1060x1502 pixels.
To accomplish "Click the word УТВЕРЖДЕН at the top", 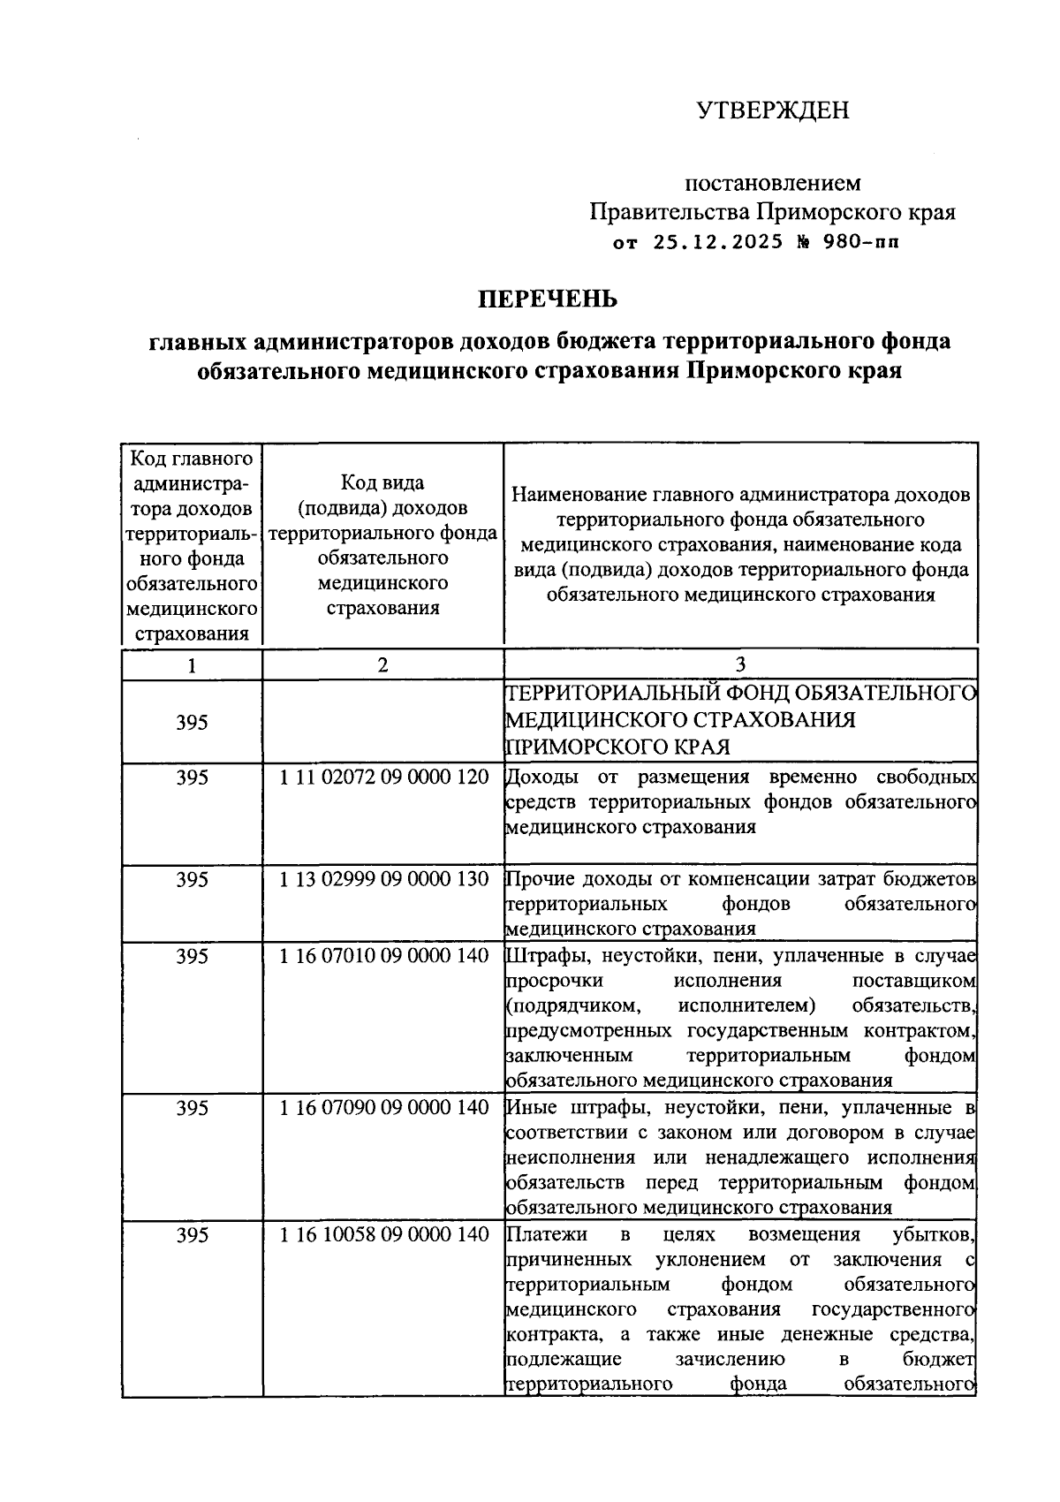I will [x=772, y=110].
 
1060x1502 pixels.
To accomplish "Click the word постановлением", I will [x=773, y=183].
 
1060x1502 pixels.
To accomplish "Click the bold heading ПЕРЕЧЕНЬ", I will [x=548, y=299].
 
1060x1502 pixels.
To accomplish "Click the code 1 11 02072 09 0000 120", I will [x=383, y=778].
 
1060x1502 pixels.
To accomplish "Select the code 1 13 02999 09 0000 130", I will [x=383, y=880].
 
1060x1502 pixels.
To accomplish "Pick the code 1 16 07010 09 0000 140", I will [x=383, y=956].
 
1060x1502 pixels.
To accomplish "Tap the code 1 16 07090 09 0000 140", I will [x=383, y=1108].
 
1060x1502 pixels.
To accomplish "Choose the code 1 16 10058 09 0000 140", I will [x=383, y=1234].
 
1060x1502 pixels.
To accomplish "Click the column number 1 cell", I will [x=192, y=665].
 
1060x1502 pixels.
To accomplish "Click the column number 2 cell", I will [x=382, y=665].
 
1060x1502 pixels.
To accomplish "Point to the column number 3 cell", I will [x=740, y=665].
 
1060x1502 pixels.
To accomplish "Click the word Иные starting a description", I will [x=527, y=1108].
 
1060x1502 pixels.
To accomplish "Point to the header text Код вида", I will [x=382, y=483].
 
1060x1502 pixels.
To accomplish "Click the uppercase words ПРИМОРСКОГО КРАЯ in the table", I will [x=618, y=747].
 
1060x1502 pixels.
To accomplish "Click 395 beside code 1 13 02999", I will [x=192, y=880].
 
